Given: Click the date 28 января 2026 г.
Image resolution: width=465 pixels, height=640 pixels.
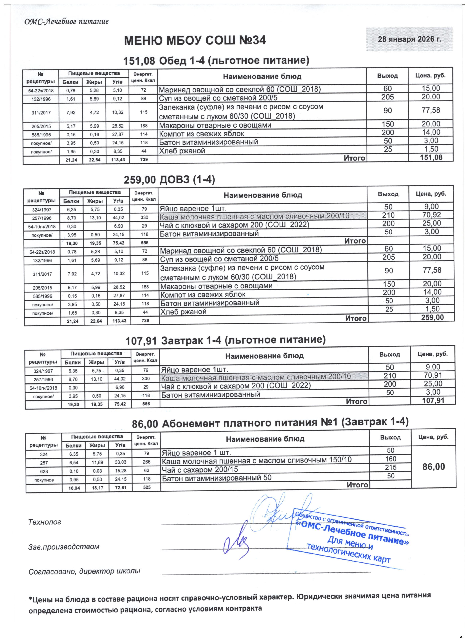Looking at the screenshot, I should coord(409,39).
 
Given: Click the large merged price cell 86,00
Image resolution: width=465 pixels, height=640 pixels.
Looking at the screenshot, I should coord(433,467).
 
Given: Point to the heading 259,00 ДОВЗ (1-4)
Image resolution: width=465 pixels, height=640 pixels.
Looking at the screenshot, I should coord(169,180).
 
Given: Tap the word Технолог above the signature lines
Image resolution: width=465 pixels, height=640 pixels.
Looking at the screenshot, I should coord(45,522).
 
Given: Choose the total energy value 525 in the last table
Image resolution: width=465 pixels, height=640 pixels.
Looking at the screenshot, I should coord(146,487).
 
